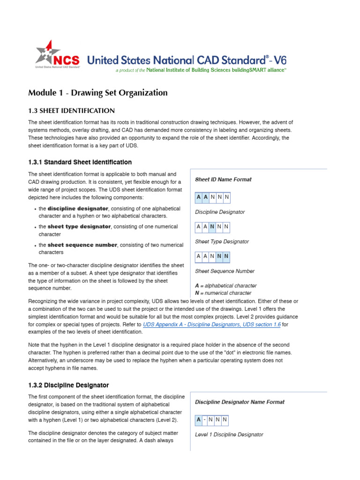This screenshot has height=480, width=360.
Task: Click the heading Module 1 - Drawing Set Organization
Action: pyautogui.click(x=97, y=93)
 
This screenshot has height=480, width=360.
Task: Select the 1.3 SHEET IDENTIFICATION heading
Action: pyautogui.click(x=71, y=111)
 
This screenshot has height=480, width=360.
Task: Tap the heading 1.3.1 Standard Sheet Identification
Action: pyautogui.click(x=80, y=162)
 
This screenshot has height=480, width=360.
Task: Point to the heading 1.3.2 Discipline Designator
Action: pyautogui.click(x=68, y=385)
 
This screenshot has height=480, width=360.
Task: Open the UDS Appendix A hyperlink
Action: pyautogui.click(x=211, y=324)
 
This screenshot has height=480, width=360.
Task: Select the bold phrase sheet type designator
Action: pyautogui.click(x=79, y=227)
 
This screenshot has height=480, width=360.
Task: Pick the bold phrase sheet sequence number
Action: pyautogui.click(x=82, y=245)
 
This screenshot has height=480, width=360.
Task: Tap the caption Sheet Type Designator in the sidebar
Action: pyautogui.click(x=222, y=242)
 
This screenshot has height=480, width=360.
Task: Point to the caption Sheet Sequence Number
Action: pyautogui.click(x=225, y=271)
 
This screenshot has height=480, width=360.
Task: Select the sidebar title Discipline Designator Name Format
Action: pyautogui.click(x=240, y=402)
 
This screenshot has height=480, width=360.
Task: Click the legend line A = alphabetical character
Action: pyautogui.click(x=225, y=285)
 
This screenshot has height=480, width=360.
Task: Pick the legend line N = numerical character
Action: pyautogui.click(x=223, y=293)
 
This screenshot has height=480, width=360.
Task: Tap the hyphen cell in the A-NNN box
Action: pyautogui.click(x=205, y=420)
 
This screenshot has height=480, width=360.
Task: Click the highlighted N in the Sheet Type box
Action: pyautogui.click(x=212, y=227)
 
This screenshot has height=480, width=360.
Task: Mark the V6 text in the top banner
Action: pyautogui.click(x=280, y=60)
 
